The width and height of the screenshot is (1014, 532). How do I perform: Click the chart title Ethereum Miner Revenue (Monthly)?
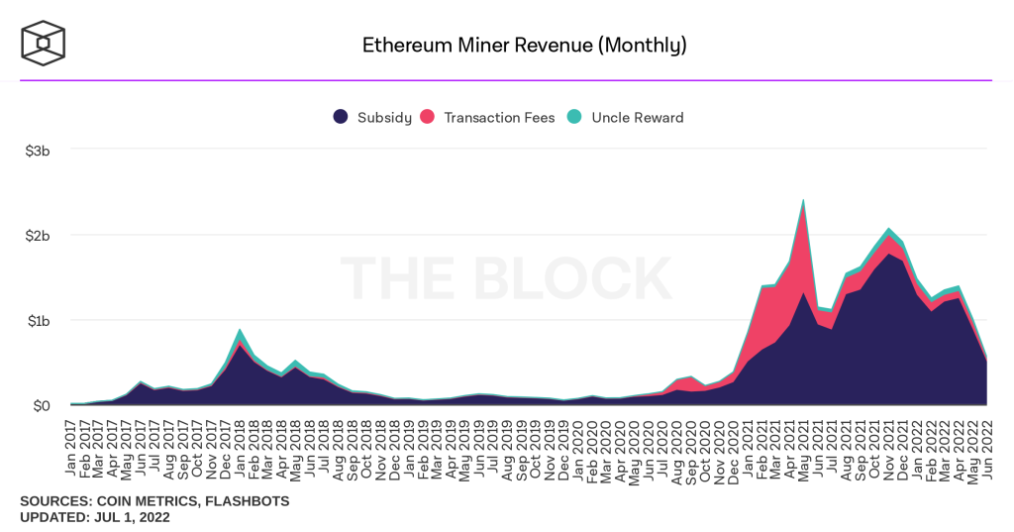pos(524,45)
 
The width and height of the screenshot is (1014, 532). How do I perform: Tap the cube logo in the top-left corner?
pos(44,43)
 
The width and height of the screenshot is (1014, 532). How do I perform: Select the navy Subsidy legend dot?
pos(341,117)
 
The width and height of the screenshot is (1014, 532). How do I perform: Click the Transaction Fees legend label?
pos(499,117)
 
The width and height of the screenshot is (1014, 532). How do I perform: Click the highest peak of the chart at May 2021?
pos(802,200)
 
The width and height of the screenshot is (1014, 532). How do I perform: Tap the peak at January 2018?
pos(241,330)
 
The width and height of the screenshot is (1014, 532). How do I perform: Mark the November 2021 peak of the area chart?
pos(888,229)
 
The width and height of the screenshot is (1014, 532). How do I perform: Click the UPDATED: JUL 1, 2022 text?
pos(95,517)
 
